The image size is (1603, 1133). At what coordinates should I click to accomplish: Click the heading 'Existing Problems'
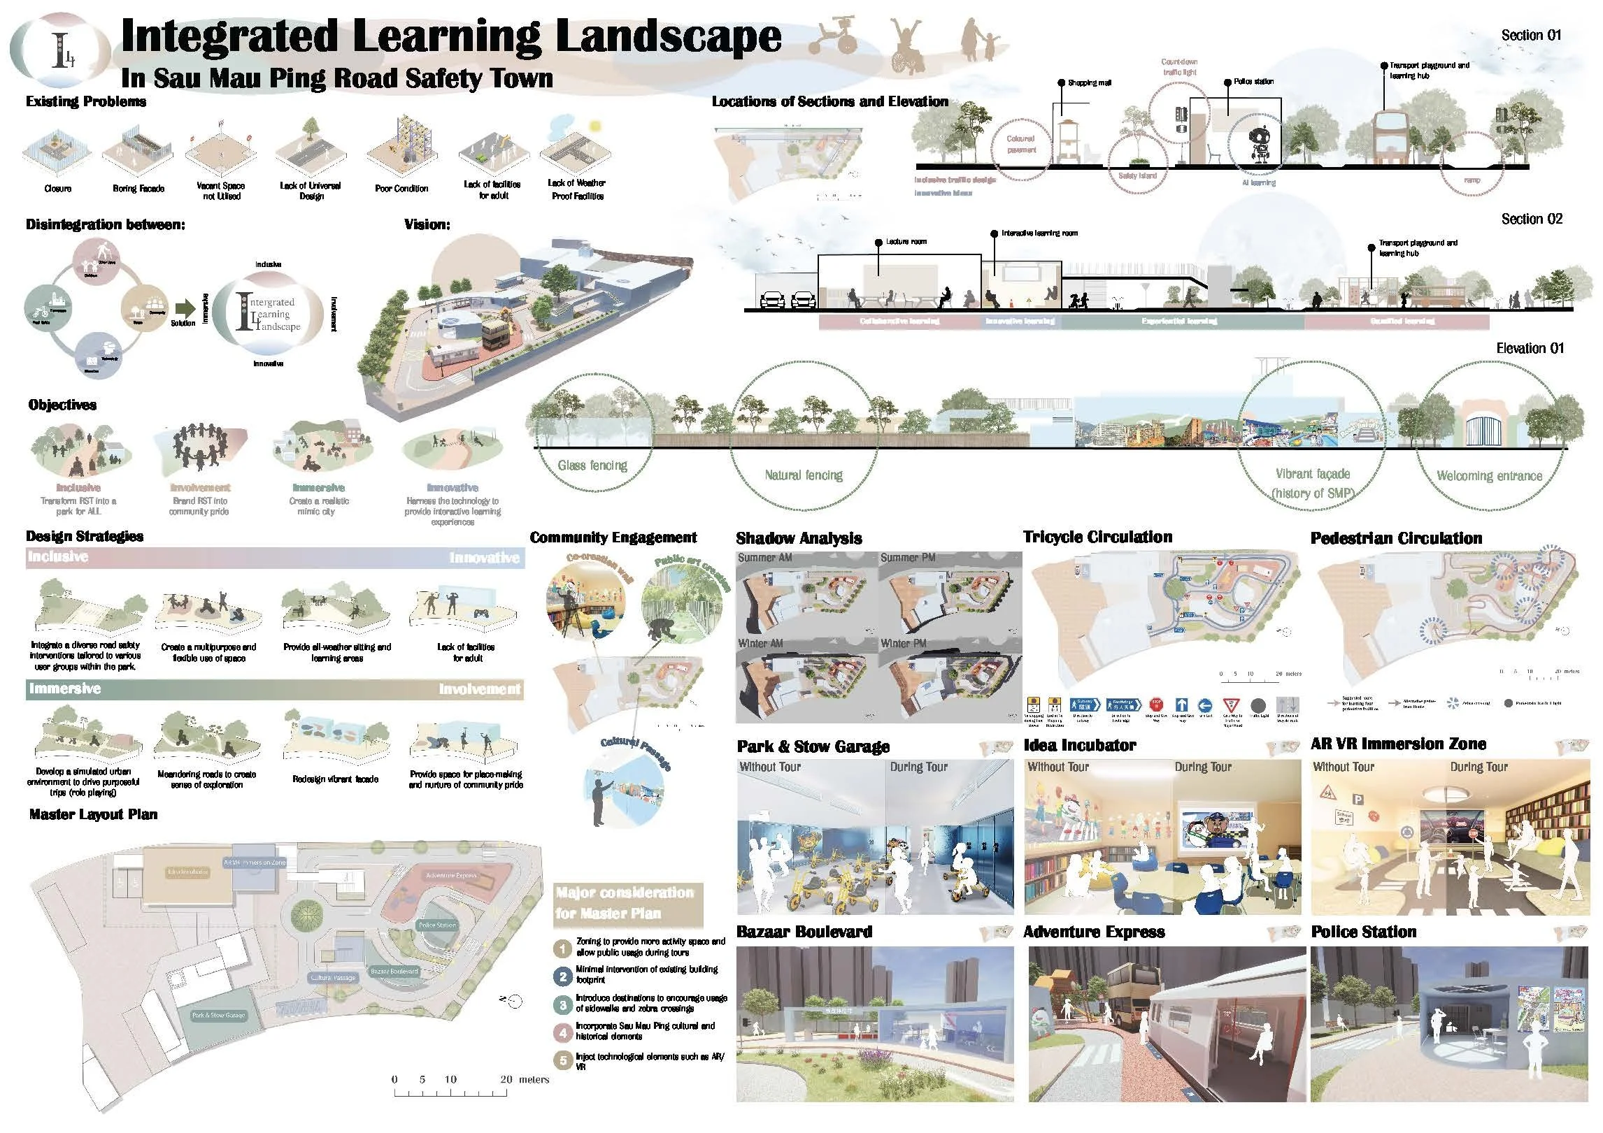(x=86, y=101)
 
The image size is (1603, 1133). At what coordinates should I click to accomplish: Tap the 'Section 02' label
(x=1531, y=219)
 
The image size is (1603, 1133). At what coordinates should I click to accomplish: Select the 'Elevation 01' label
(x=1530, y=348)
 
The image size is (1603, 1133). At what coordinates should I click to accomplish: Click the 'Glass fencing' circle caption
(x=592, y=466)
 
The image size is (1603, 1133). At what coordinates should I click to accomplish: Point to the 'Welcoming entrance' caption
(x=1489, y=476)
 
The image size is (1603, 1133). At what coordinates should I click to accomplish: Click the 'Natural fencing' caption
(x=804, y=475)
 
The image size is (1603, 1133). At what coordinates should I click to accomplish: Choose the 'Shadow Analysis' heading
(x=799, y=538)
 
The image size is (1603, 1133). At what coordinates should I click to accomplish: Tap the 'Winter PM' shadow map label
(x=904, y=643)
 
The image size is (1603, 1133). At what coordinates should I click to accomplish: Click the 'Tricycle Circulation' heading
(x=1097, y=537)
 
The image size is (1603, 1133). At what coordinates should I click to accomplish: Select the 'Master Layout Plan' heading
(x=93, y=814)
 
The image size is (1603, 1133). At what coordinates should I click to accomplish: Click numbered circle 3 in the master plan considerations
(x=563, y=1005)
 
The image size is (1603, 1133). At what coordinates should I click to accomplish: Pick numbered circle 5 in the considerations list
(x=563, y=1060)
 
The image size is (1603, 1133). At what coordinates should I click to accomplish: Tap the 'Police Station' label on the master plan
(x=437, y=925)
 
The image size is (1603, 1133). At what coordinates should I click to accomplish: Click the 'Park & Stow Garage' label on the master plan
(x=218, y=1015)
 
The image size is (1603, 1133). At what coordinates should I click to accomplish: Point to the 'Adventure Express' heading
(x=1094, y=932)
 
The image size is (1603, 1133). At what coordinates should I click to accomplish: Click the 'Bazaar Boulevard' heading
(x=804, y=932)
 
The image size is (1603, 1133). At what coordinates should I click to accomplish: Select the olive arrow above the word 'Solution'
(x=185, y=308)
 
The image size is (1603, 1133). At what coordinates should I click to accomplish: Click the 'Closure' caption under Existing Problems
(x=57, y=189)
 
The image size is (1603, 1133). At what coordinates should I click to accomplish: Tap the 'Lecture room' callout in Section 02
(x=906, y=242)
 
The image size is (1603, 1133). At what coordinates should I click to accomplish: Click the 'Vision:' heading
(x=427, y=224)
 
